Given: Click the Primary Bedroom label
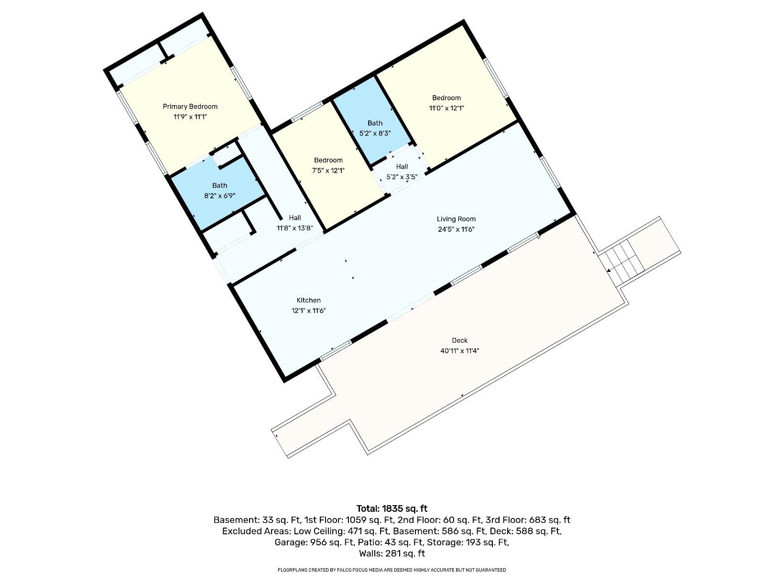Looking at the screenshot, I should tap(190, 107).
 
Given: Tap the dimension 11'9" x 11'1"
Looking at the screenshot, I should tap(190, 117).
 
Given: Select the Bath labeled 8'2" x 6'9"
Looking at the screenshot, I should tap(220, 185).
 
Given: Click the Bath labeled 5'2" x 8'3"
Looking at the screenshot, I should tap(375, 123).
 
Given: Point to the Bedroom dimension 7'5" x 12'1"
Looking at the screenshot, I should tap(328, 171).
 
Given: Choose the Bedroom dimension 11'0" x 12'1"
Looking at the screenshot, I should tap(446, 108).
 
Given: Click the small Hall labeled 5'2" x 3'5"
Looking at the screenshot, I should tap(402, 167).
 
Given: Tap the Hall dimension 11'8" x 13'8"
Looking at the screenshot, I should tap(294, 228).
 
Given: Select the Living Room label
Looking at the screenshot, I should tap(456, 219).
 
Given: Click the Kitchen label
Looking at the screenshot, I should tap(309, 300).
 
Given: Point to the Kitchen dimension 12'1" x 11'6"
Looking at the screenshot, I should tap(309, 311).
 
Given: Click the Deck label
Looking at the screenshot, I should tap(459, 340).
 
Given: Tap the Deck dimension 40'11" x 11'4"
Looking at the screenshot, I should tap(459, 351).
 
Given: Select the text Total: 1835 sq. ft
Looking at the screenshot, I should tap(392, 508).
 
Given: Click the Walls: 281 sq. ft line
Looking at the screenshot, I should tap(392, 554).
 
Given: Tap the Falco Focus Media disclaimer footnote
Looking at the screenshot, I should tap(392, 570).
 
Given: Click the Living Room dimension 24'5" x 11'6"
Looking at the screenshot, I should tap(456, 229).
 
